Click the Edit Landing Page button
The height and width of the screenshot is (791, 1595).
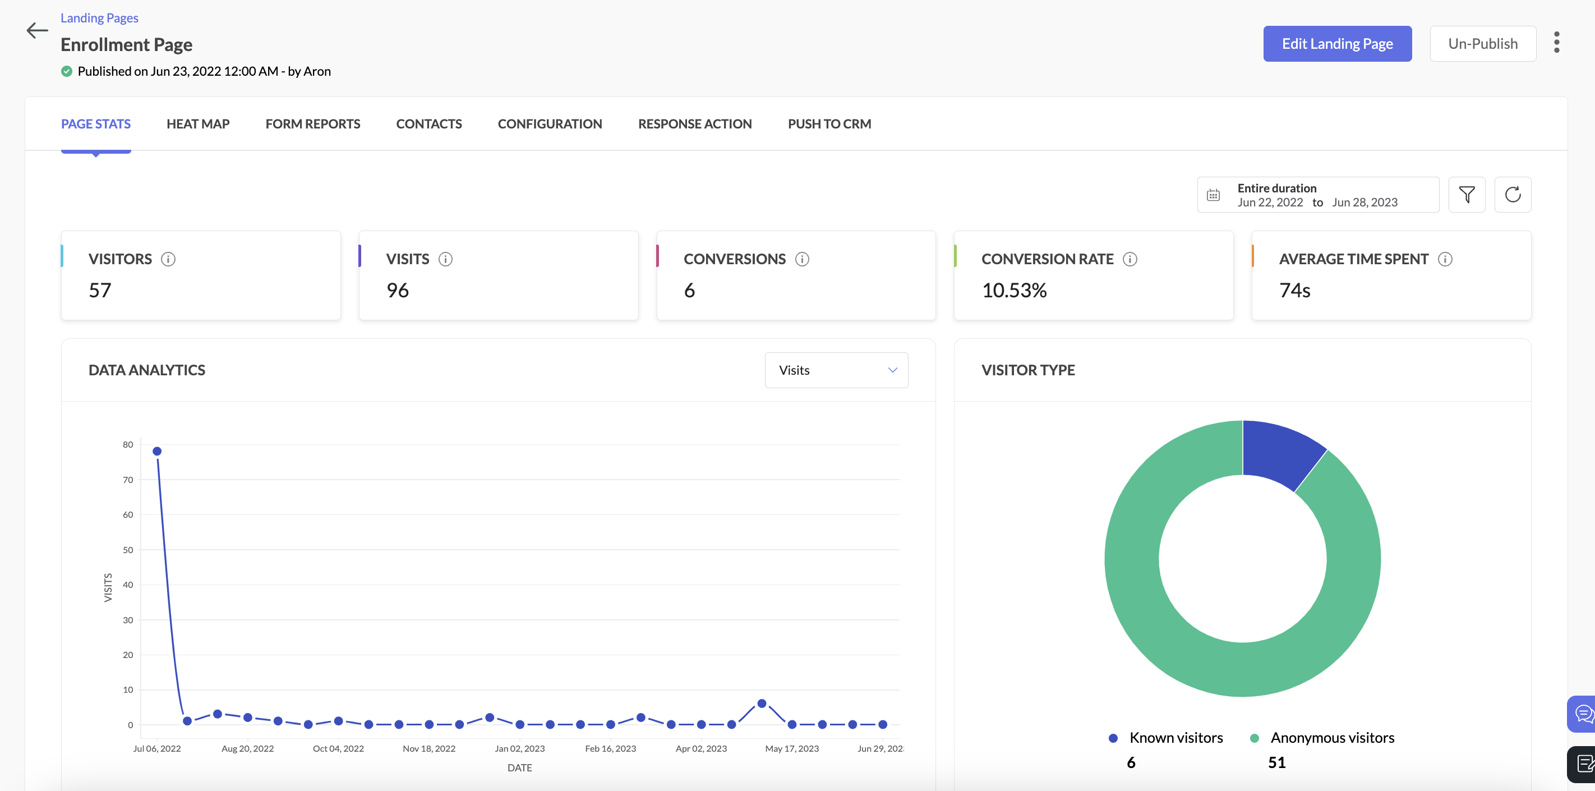(x=1337, y=44)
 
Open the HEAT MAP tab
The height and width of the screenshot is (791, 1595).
(x=197, y=124)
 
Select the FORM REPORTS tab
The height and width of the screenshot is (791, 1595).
(x=313, y=124)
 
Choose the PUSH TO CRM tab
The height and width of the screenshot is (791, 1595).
(x=829, y=124)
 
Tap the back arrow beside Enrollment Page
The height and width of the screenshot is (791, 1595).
(x=37, y=30)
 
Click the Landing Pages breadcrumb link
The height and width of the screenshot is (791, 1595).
(x=99, y=18)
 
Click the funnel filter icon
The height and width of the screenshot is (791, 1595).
(x=1466, y=195)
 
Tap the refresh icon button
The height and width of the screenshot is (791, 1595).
(x=1512, y=195)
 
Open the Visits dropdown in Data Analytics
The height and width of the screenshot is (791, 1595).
(x=836, y=370)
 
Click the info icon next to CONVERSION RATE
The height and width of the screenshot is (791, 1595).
(x=1130, y=260)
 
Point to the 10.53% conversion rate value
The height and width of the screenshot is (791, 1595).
(x=1013, y=291)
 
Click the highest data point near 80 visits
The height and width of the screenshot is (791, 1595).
(x=157, y=452)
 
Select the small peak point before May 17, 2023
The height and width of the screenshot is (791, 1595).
(x=762, y=703)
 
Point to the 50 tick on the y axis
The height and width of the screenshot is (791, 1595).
(x=127, y=550)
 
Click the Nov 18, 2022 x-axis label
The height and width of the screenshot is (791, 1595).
(x=428, y=749)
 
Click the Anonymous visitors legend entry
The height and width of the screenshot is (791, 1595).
(x=1331, y=738)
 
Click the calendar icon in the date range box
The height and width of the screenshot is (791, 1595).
(x=1213, y=195)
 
